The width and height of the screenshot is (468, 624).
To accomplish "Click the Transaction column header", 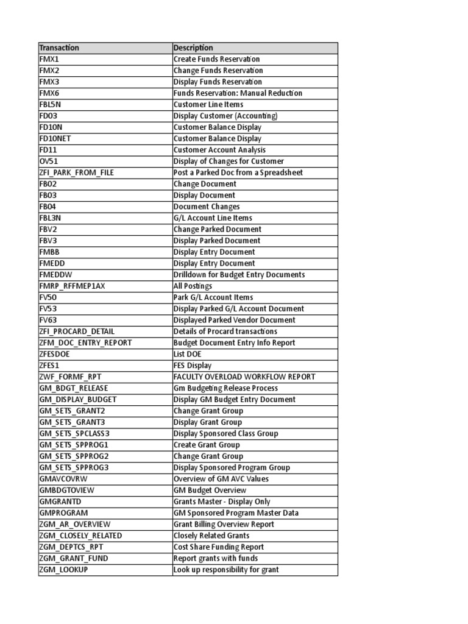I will point(59,48).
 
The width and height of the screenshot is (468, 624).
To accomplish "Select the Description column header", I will point(193,48).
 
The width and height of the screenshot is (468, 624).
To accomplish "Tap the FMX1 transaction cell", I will point(49,59).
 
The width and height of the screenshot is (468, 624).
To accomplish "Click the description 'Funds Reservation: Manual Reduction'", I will point(238,93).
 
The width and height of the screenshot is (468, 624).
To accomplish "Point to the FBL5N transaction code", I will point(51,104).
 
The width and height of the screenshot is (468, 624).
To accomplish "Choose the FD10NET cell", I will point(55,138).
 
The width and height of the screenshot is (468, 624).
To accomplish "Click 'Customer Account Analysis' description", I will point(219,150).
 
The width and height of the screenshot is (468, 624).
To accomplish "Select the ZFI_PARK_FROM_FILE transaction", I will point(76,172).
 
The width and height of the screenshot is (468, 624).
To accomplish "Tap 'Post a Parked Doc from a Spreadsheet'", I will point(238,172).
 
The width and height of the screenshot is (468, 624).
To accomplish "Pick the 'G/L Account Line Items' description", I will point(213,218).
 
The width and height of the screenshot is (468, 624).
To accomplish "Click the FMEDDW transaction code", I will point(55,275).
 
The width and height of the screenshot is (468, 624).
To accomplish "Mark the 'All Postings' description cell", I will point(193,286).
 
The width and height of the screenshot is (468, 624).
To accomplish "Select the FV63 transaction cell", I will point(48,320).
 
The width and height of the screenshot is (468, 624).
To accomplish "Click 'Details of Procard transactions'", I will point(225,331).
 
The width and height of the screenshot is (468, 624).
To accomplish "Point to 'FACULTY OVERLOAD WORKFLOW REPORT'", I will point(244,377).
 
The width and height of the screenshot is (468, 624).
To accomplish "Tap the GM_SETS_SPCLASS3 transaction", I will point(74,433).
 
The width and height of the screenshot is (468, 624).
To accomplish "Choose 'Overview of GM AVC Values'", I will point(221,479).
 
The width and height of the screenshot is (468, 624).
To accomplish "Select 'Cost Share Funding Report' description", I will point(219,547).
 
